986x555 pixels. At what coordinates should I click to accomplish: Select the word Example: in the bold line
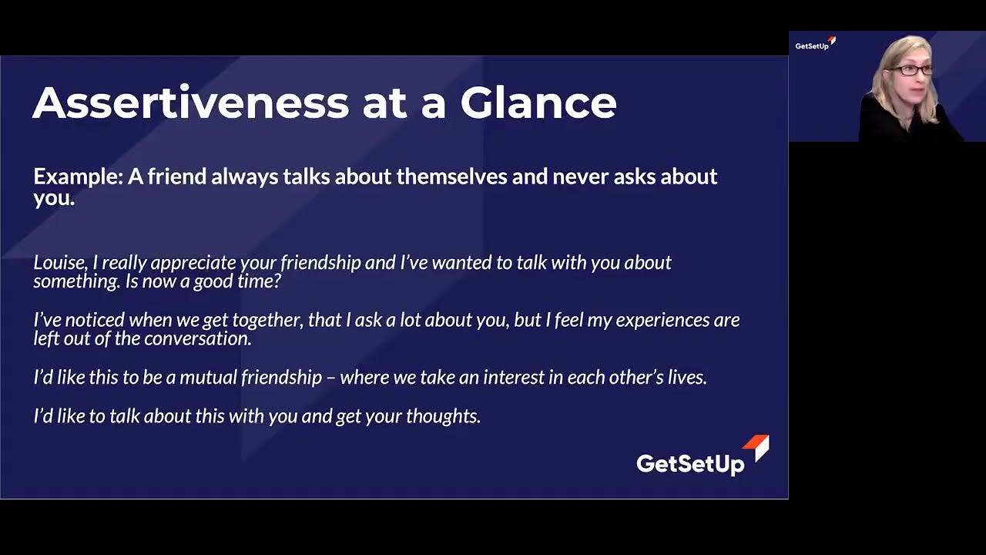coord(78,177)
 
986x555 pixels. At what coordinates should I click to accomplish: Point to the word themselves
coord(451,177)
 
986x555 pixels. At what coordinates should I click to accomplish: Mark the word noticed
coord(96,320)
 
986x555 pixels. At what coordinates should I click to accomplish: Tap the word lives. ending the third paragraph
coord(686,378)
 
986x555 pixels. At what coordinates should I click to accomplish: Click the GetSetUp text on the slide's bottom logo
coord(690,463)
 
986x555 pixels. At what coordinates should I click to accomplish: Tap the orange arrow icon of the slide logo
coord(757,446)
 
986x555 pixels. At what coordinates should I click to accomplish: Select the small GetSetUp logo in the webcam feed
coord(814,44)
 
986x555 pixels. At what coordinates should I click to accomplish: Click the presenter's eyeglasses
coord(911,70)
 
